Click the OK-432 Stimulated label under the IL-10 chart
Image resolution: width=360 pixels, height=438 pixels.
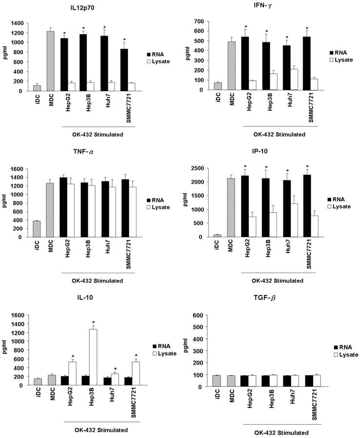(101, 430)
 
